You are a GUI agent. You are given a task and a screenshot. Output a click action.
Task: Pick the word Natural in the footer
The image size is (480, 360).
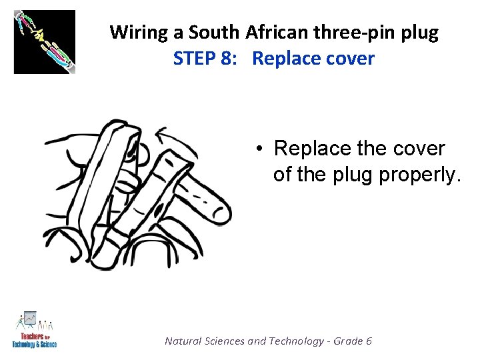click(185, 341)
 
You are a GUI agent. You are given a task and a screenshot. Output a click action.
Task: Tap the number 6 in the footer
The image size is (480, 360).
click(369, 341)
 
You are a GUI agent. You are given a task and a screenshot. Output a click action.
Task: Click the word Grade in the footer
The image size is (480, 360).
click(348, 341)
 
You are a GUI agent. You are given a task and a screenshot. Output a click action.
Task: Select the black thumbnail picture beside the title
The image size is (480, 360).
click(45, 42)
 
